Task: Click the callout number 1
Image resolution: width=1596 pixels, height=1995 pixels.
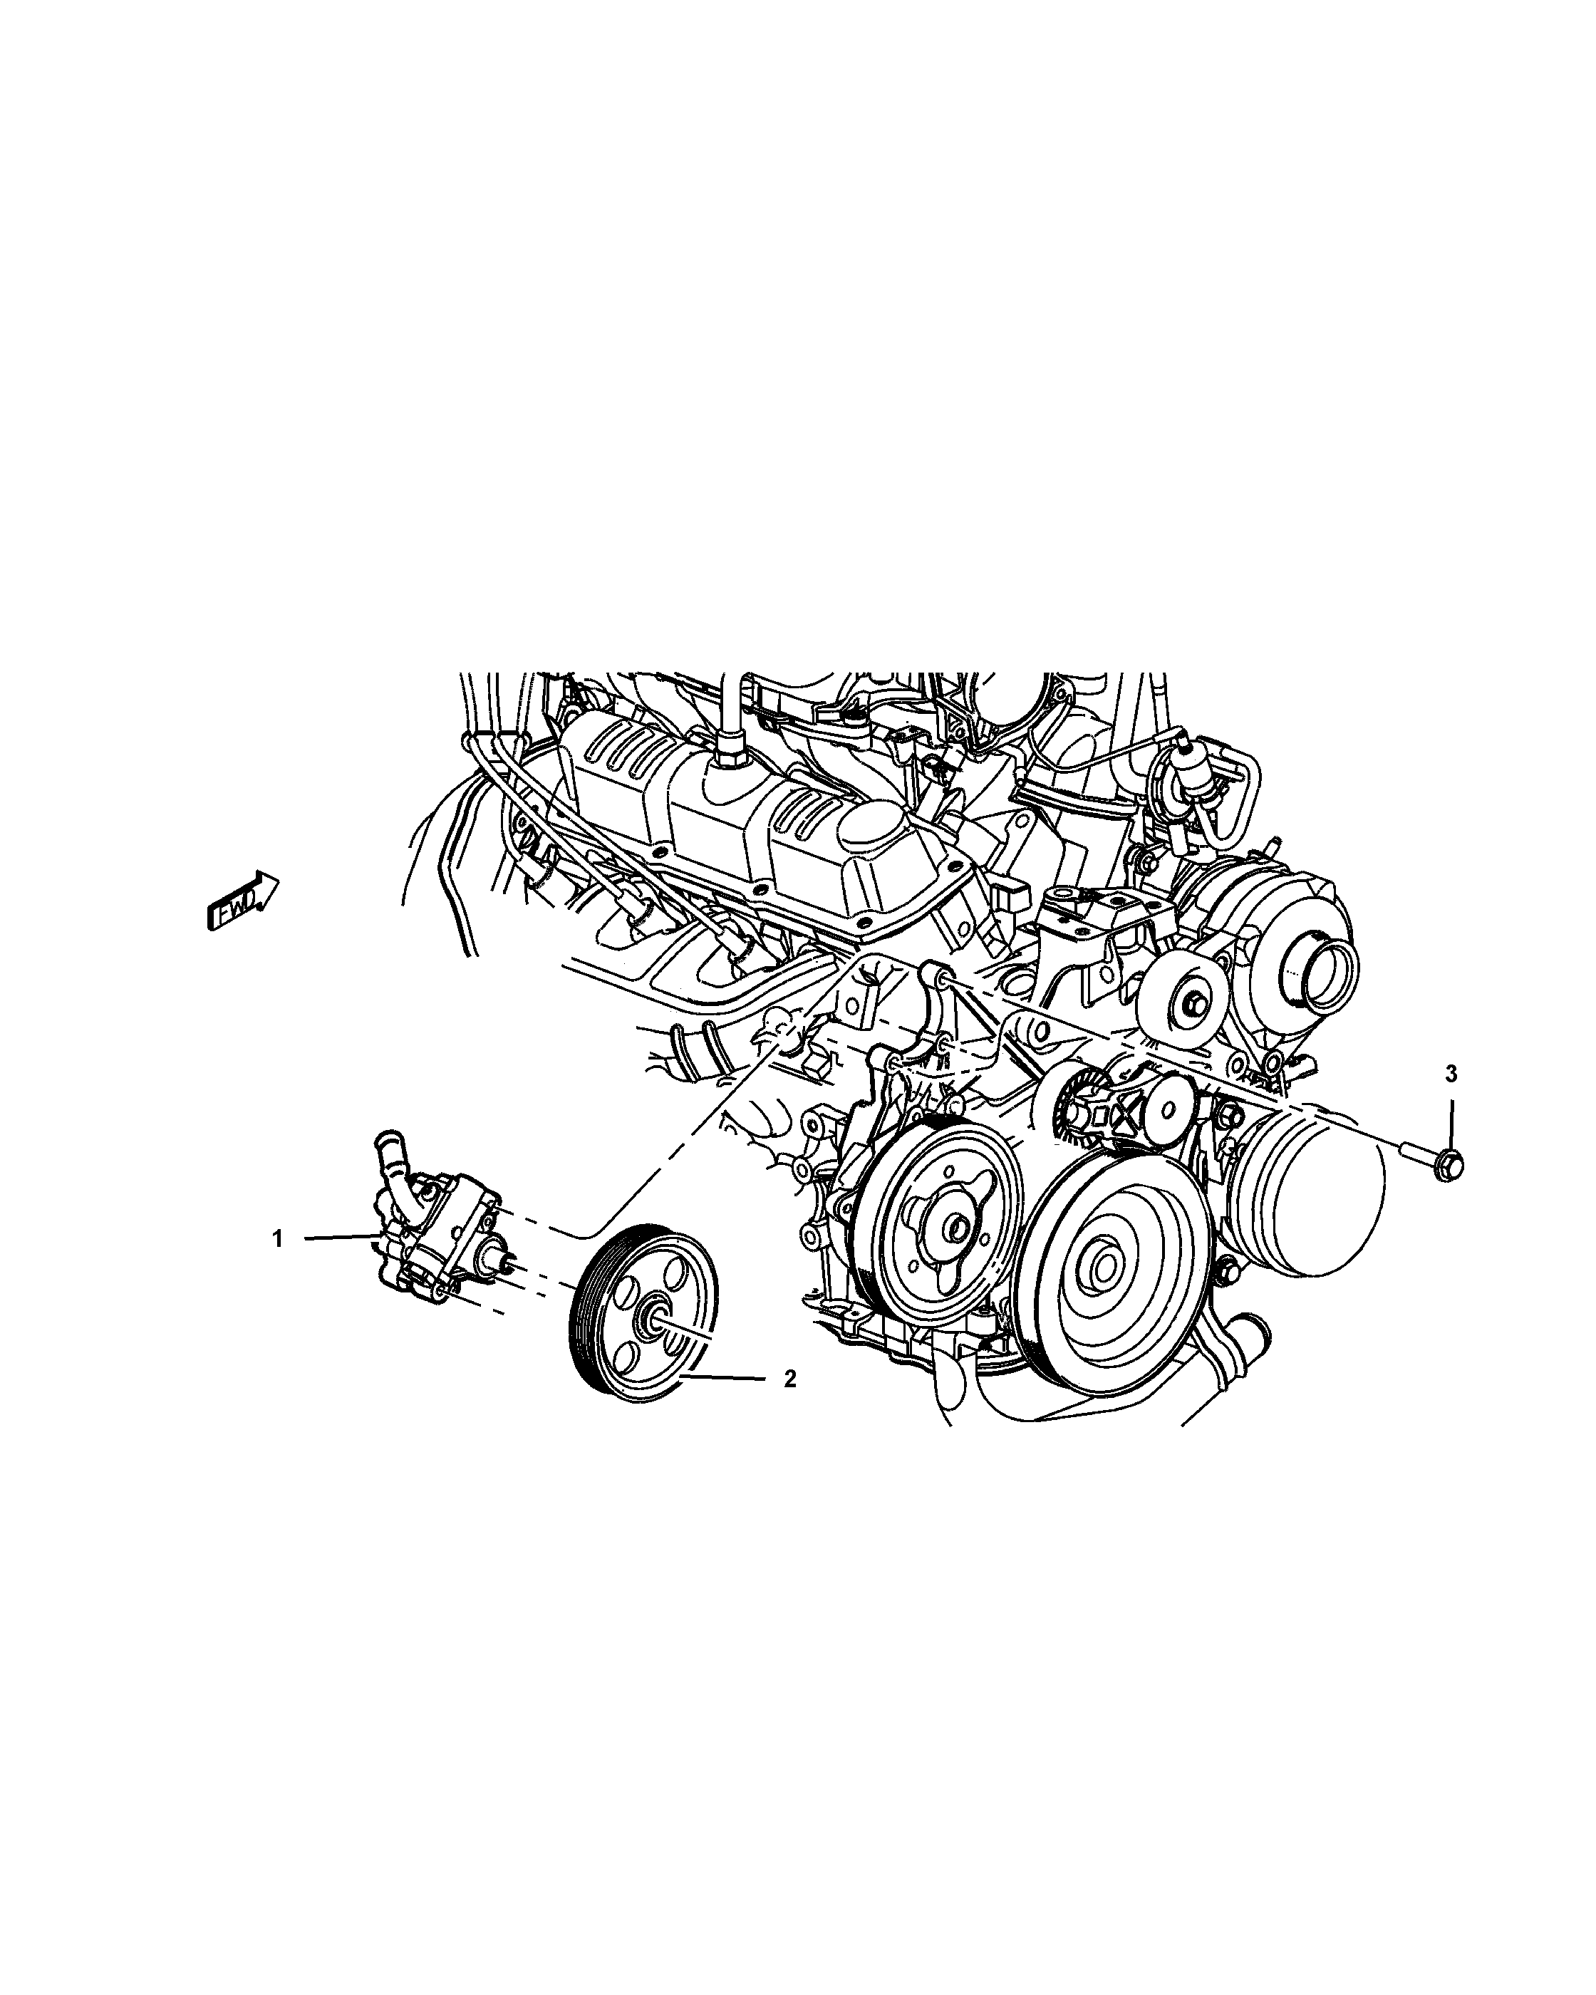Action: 276,1239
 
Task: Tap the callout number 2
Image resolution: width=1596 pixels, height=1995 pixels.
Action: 789,1404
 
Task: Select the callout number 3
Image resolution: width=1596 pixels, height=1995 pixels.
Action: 1451,1074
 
